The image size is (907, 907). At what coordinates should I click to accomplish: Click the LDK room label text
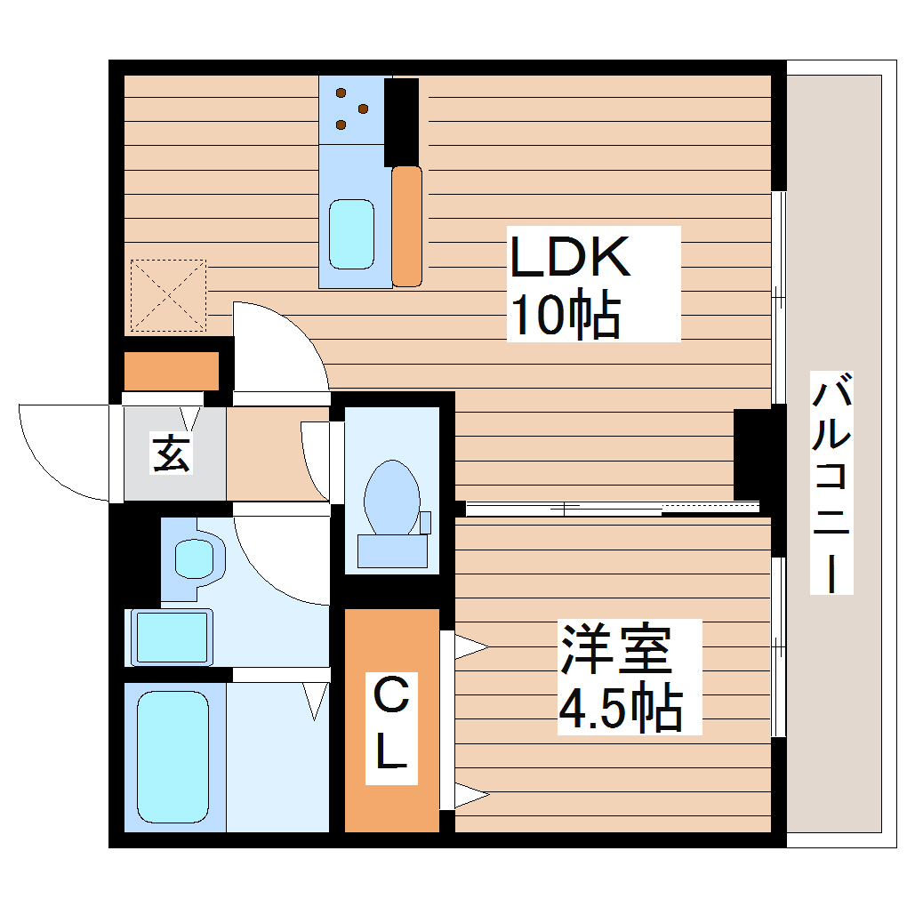570,258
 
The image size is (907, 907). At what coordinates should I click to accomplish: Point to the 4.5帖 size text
620,709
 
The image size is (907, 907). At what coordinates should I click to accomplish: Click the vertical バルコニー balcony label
832,486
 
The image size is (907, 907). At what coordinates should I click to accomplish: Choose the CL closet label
390,723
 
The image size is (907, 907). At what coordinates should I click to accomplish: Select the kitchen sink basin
352,234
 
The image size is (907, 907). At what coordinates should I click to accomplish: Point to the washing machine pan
172,636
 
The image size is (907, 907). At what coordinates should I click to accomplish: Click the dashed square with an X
167,296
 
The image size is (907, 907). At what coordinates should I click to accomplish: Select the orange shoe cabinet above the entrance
172,372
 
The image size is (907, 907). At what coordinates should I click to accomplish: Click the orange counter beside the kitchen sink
407,226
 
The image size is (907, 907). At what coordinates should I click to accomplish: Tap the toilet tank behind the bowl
392,550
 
